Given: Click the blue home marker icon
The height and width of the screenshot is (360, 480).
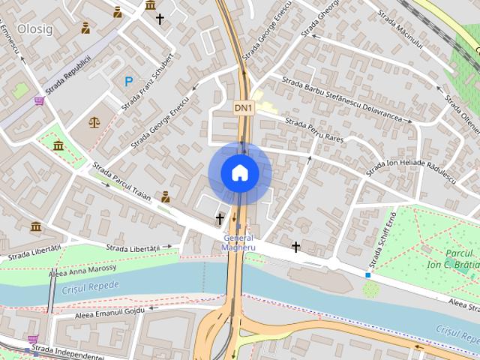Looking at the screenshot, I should point(240,172).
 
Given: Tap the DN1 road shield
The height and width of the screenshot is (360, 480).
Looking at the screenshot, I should point(243,108).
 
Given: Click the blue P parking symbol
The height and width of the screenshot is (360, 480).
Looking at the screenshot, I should point(129,81).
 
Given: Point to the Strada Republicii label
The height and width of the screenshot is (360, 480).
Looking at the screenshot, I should point(67,75).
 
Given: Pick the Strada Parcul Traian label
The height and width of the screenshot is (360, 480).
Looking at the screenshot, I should point(122,182).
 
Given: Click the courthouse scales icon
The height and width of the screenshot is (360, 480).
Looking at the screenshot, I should point(94,121).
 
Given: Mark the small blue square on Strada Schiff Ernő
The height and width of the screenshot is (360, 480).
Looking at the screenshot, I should point(368,275).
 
